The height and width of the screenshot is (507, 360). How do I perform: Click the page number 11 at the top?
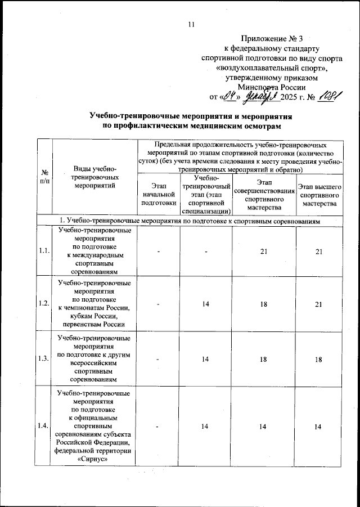(x=191, y=24)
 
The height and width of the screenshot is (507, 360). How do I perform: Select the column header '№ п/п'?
(x=43, y=178)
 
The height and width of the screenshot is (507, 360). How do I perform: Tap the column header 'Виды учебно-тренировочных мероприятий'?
(x=94, y=178)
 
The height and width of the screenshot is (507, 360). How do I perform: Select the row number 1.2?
(x=43, y=303)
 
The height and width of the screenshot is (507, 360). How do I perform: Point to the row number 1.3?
(x=43, y=358)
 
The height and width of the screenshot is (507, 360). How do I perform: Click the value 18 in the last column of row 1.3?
(x=318, y=358)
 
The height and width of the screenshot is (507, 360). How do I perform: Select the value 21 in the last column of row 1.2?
(x=318, y=303)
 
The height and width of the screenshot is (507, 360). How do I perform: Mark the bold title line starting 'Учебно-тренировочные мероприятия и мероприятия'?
(x=190, y=115)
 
